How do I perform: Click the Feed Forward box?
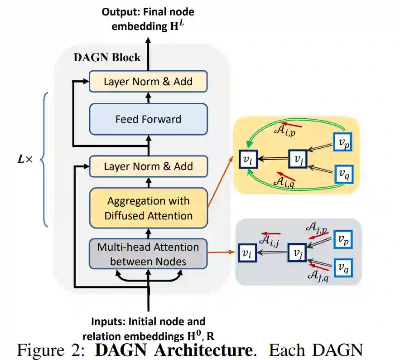148,119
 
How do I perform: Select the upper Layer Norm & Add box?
148,82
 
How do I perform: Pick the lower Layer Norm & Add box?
148,166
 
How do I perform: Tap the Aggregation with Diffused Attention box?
148,208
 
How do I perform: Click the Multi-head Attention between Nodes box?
148,254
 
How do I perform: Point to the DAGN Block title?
107,58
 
